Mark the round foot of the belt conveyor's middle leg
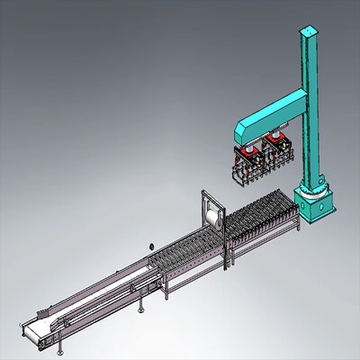coord(142,315)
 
